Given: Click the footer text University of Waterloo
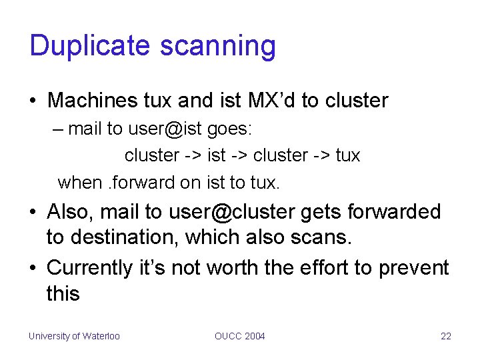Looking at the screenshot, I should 74,336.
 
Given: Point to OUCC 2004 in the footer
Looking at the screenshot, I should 240,336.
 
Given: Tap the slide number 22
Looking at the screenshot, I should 446,336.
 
